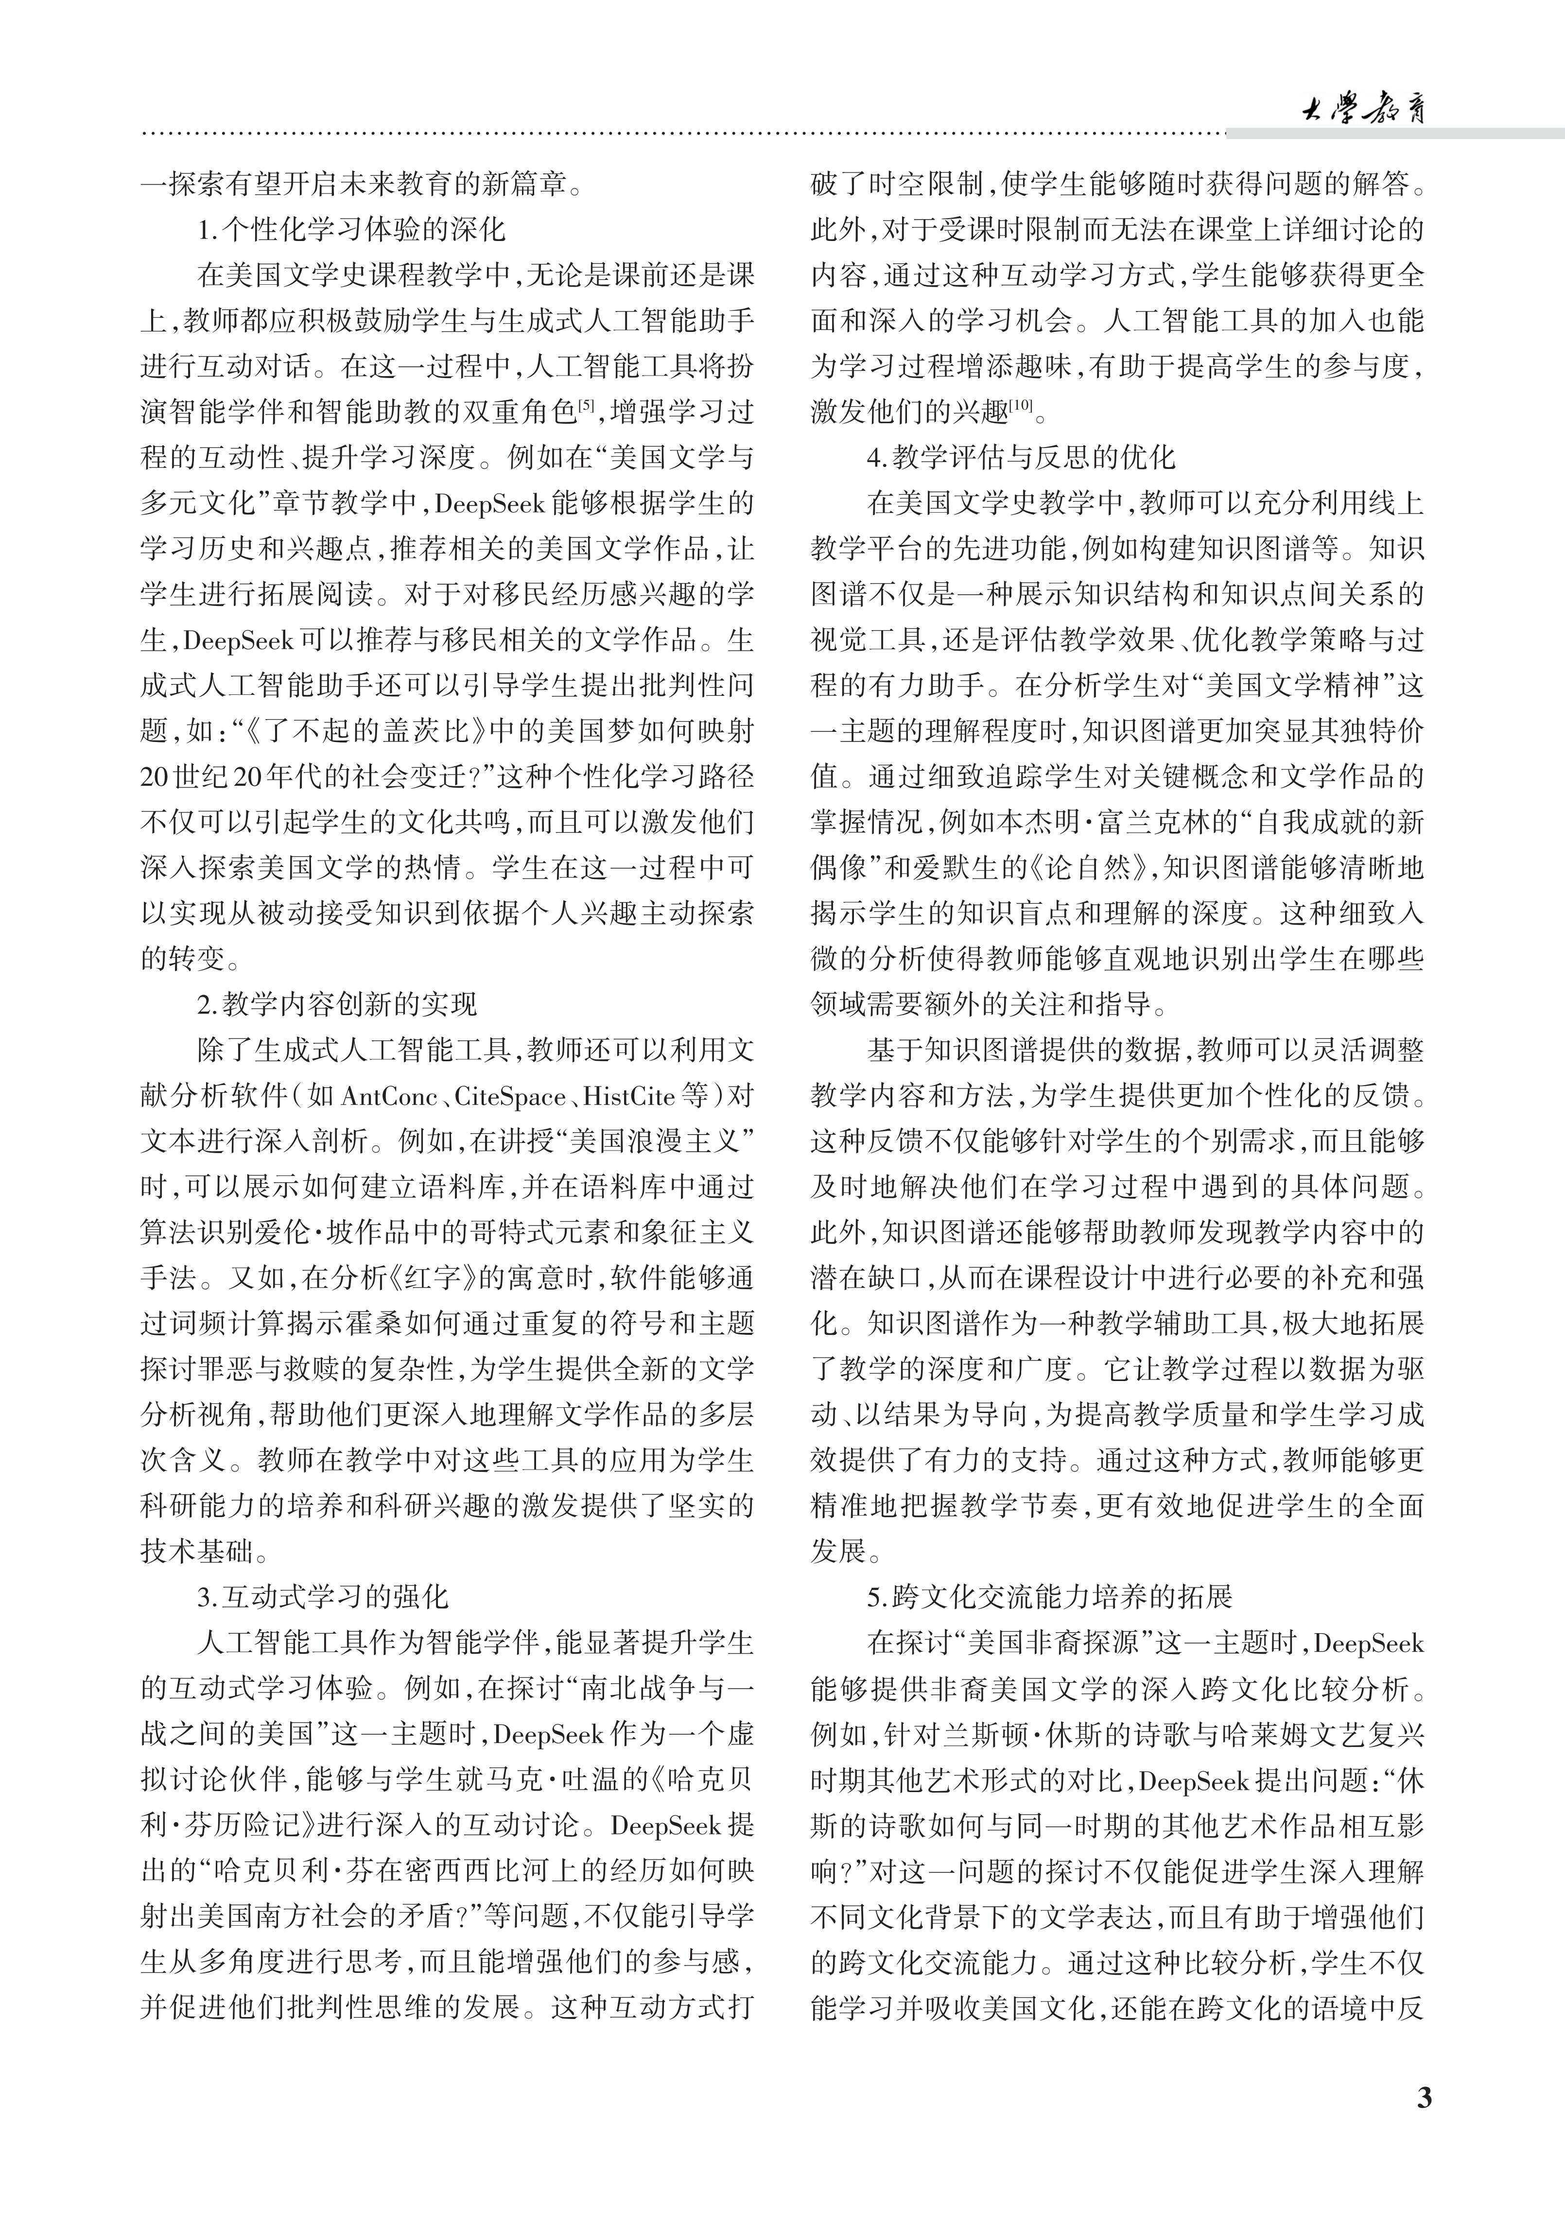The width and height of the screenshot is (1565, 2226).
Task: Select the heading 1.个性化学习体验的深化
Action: (351, 230)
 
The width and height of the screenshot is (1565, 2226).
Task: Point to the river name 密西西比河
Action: (448, 1871)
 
